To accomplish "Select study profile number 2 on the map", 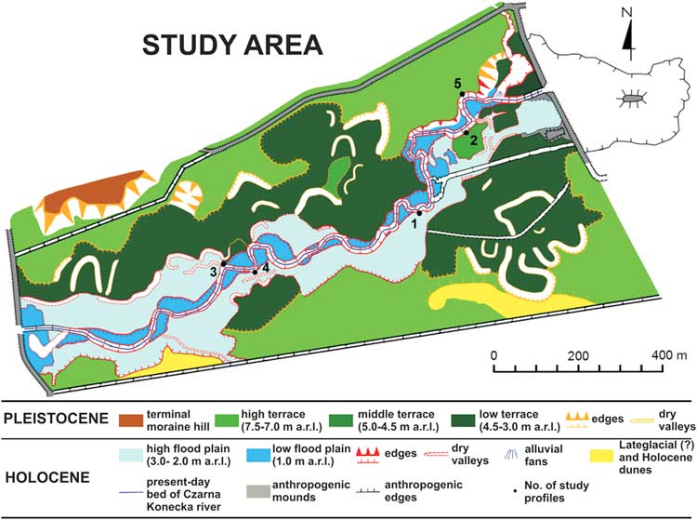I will click(x=473, y=140).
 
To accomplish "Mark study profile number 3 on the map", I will click(x=214, y=270).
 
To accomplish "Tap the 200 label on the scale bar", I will click(x=579, y=355).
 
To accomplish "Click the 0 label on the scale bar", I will click(x=494, y=355).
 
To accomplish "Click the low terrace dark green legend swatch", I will click(x=477, y=411).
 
